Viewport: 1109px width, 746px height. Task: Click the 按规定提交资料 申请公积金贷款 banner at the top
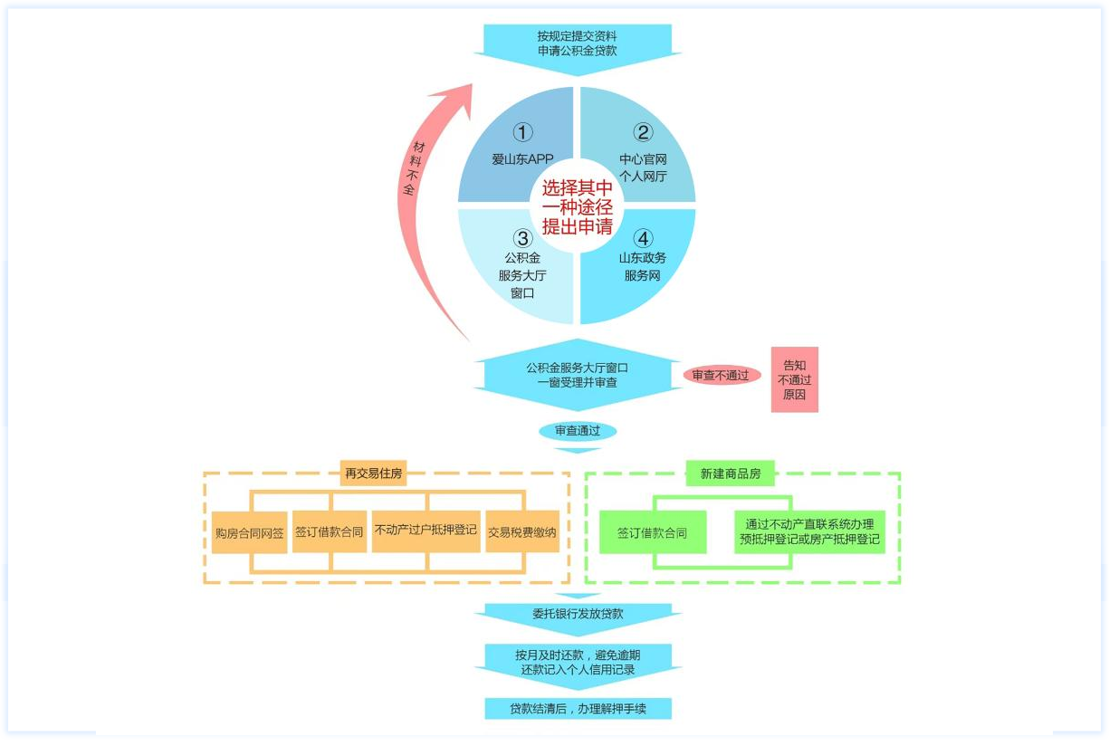pos(577,43)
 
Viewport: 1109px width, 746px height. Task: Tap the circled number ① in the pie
pos(522,133)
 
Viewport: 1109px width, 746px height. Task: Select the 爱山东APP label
pos(522,159)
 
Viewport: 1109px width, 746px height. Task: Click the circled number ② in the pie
pos(643,133)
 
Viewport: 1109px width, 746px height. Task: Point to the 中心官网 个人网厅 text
pos(643,167)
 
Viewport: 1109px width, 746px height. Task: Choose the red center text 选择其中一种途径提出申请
pos(577,206)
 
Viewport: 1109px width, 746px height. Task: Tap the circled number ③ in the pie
pos(522,238)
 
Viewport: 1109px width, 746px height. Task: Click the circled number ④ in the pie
pos(643,238)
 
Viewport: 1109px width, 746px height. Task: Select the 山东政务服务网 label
pos(643,266)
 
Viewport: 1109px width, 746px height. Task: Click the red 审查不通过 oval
pos(722,375)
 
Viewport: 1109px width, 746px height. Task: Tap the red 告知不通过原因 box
pos(794,380)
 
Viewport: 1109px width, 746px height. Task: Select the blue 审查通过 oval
pos(577,431)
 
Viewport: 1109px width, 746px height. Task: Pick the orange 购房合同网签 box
pos(249,533)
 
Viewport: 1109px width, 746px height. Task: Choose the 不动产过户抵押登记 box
pos(425,531)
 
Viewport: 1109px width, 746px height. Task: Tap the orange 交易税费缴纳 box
pos(522,532)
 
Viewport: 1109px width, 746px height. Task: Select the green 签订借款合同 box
pos(652,533)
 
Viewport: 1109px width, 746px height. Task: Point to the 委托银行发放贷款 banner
pos(577,614)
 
